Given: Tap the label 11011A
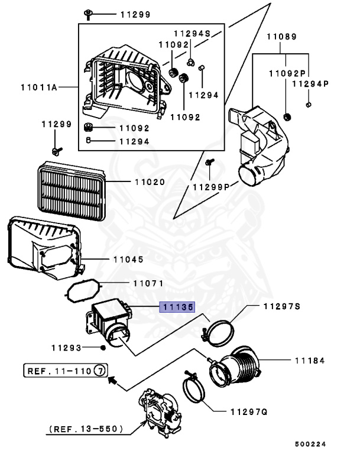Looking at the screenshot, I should tap(38, 87).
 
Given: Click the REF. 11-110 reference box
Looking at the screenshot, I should tap(66, 371).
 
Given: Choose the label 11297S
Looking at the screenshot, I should tap(282, 306).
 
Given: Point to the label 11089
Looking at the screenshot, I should tap(281, 37).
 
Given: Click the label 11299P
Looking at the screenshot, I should tap(210, 187).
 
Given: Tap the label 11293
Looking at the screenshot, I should tap(66, 347).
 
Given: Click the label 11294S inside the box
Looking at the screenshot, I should tap(192, 33).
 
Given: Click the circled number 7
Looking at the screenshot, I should tap(101, 371).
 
